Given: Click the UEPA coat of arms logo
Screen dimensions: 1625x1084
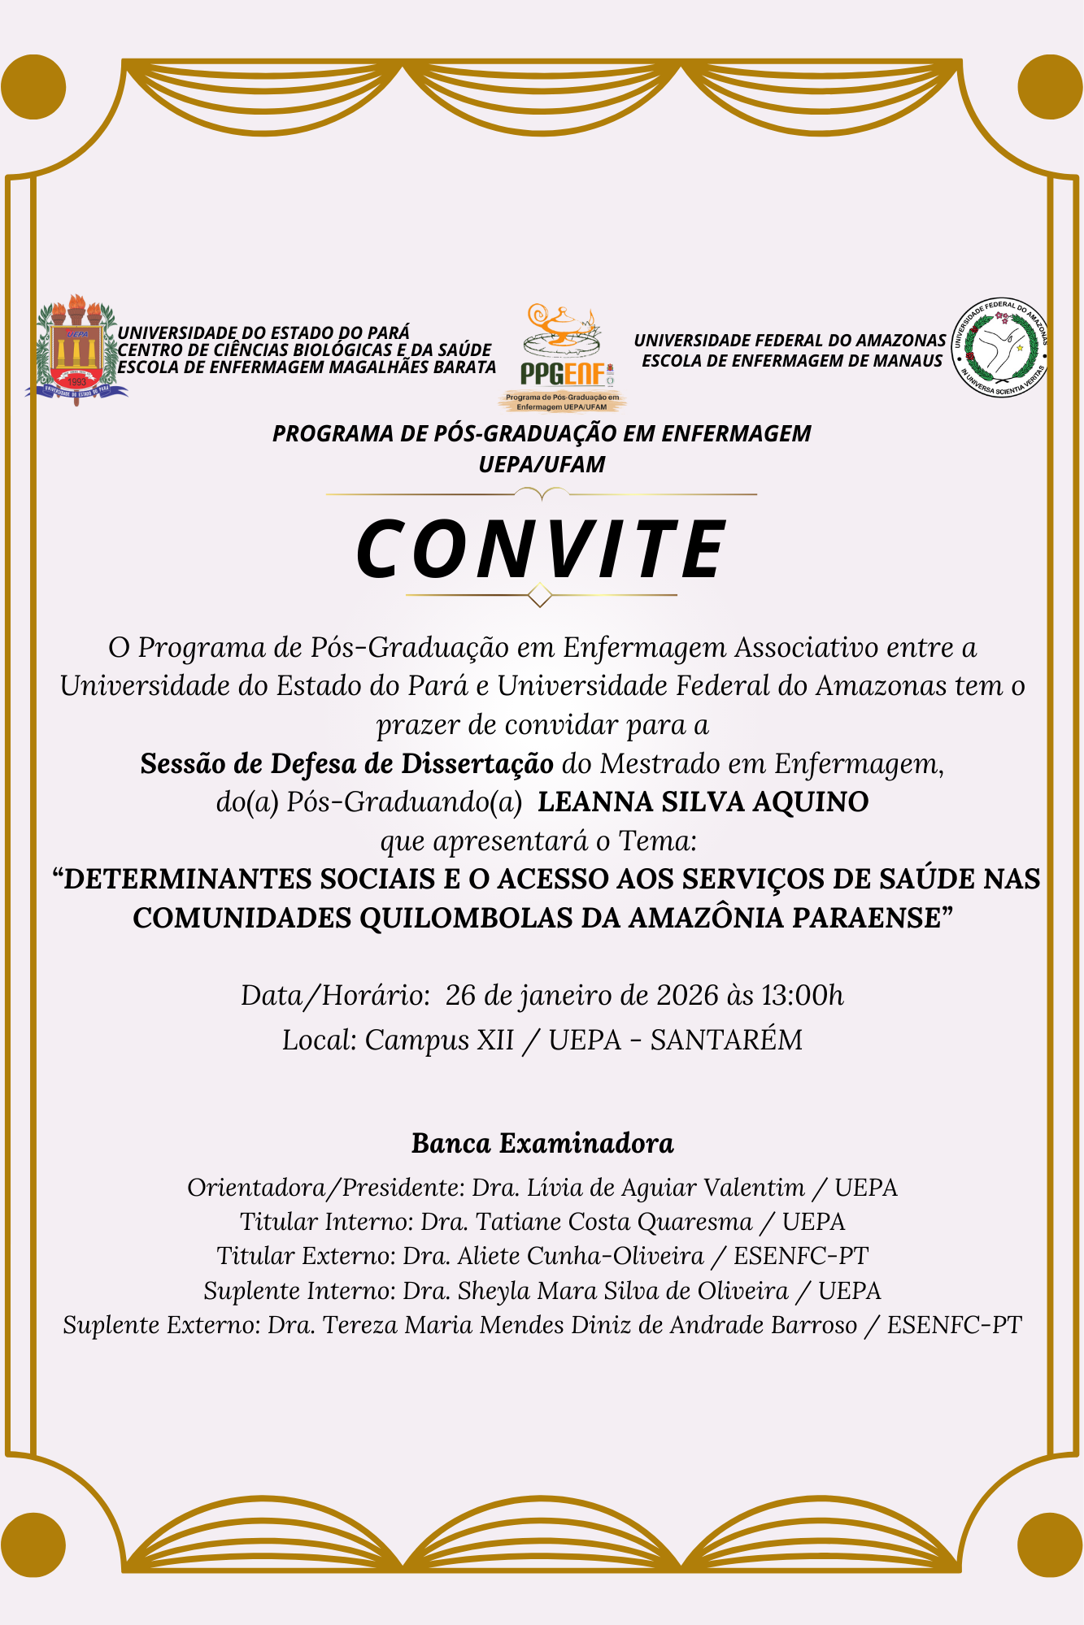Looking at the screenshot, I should pos(76,350).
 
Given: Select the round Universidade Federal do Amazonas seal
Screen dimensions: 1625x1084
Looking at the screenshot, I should pos(999,348).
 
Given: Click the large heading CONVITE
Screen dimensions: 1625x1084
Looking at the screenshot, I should pos(542,550).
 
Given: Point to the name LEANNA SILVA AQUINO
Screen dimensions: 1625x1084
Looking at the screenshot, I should pos(703,802).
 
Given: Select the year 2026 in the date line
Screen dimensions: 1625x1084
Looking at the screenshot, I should pos(688,996).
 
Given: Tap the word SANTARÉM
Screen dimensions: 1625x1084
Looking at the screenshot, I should pos(726,1041).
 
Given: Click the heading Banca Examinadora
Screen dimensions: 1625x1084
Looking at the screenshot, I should pos(542,1144).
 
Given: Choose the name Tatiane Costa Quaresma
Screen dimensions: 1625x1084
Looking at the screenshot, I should pos(614,1222).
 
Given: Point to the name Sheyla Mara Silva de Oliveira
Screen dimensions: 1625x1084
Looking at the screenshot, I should pos(623,1291).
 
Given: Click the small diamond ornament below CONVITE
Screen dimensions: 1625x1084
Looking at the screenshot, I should pos(540,596).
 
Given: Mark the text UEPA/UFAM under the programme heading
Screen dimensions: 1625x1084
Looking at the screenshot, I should pos(542,465).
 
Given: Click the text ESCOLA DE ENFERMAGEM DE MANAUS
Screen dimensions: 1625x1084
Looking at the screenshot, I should pos(792,361).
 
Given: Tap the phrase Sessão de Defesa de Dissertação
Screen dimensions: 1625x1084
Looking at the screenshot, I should pos(346,764).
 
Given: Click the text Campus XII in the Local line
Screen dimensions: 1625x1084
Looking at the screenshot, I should pos(439,1041).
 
